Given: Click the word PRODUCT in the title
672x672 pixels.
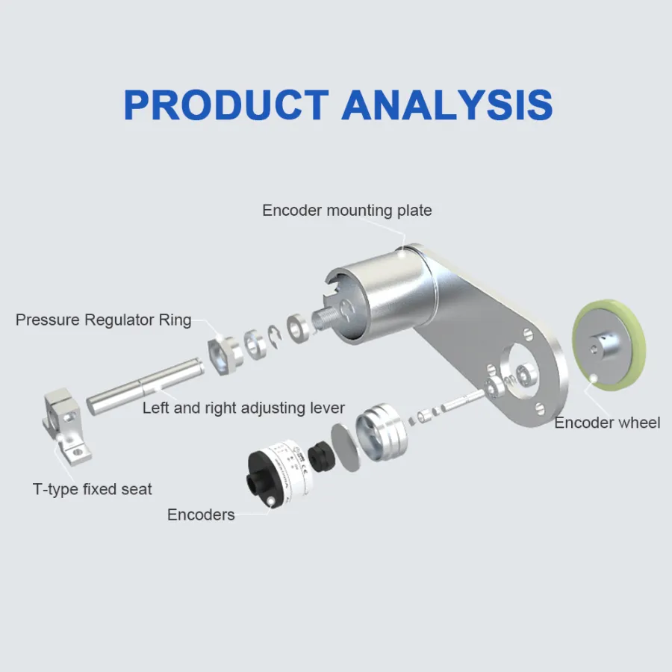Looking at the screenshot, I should coord(225,105).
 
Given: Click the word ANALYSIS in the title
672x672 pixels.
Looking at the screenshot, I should coord(447,105).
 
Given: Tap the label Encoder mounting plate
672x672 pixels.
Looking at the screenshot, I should coord(346,211).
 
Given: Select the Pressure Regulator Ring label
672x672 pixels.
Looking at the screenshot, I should coord(104,320).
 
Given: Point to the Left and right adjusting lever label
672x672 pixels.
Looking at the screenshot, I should coord(243,408).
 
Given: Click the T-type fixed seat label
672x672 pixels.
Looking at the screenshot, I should coord(93,489).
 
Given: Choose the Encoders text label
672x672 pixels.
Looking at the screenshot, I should coord(201,514).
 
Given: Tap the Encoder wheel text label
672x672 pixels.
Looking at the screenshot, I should coord(607,423).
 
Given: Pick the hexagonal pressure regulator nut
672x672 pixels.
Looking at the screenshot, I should coord(222,348).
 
